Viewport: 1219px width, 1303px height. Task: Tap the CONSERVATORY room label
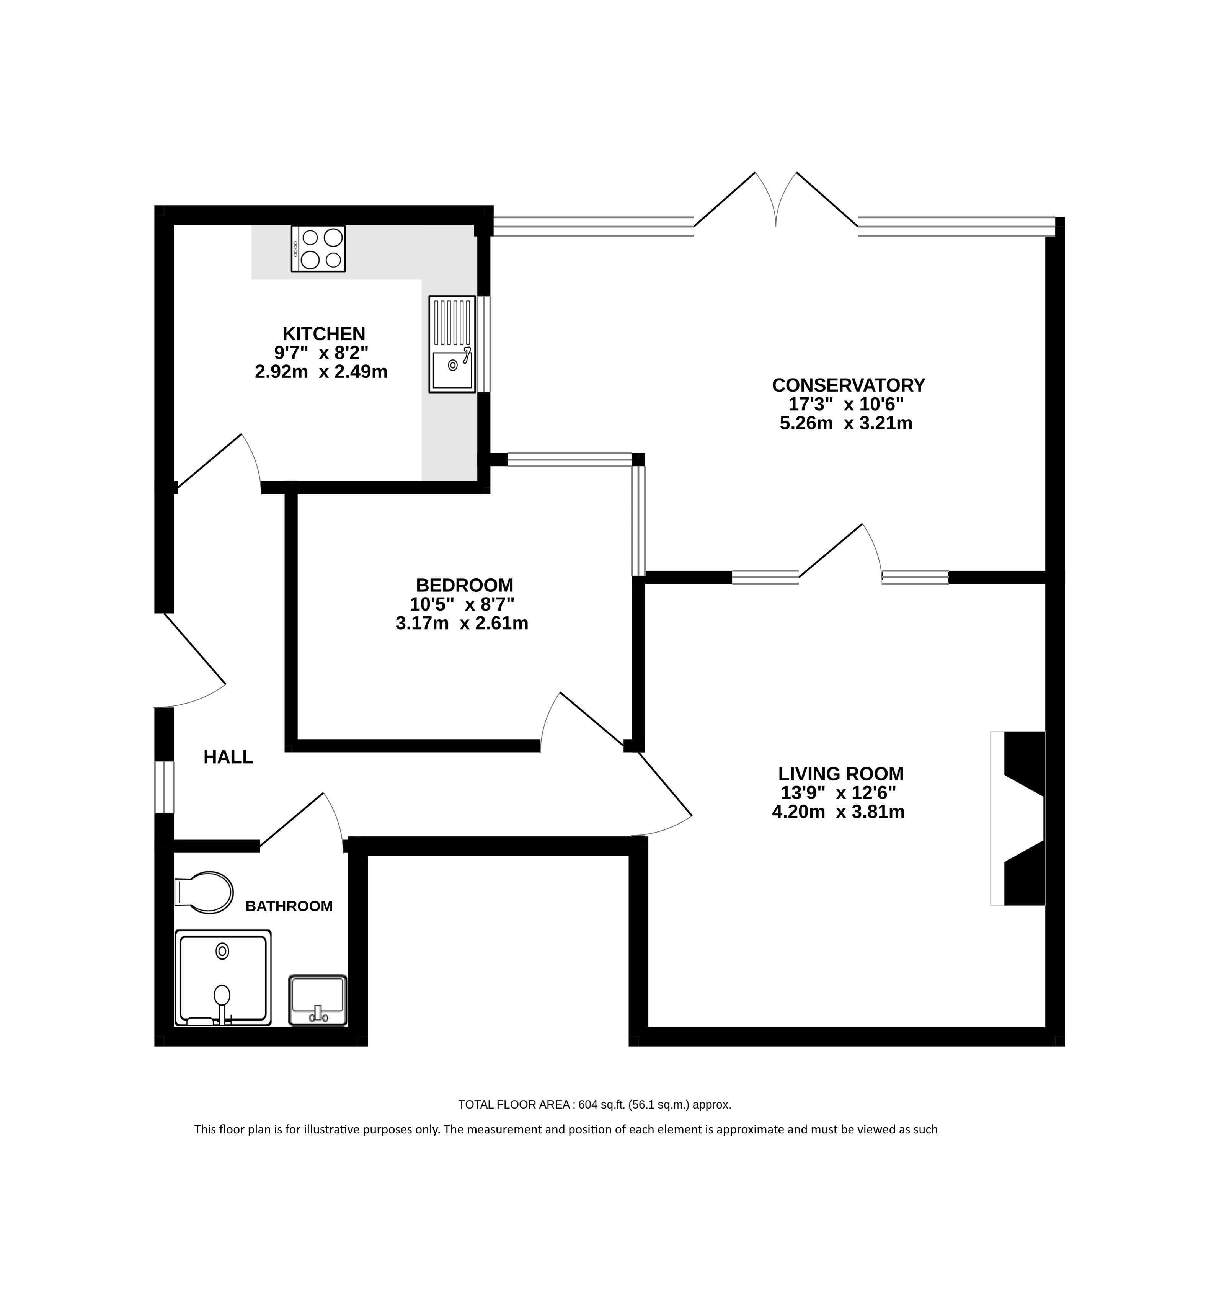[x=848, y=385]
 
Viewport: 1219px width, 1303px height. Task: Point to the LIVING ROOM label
[x=841, y=773]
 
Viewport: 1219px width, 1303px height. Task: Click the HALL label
[x=228, y=757]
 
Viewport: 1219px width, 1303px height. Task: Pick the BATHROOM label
[x=289, y=906]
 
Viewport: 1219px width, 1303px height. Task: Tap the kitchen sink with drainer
[x=452, y=344]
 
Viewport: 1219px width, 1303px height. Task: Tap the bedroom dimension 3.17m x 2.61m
[x=462, y=623]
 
